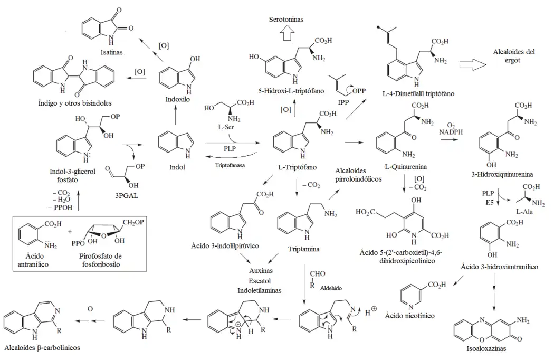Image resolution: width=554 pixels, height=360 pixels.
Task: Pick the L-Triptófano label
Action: pyautogui.click(x=298, y=167)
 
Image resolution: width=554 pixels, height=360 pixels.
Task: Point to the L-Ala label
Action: pyautogui.click(x=527, y=211)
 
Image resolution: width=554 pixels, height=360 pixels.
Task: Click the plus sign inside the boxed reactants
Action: pyautogui.click(x=70, y=232)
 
